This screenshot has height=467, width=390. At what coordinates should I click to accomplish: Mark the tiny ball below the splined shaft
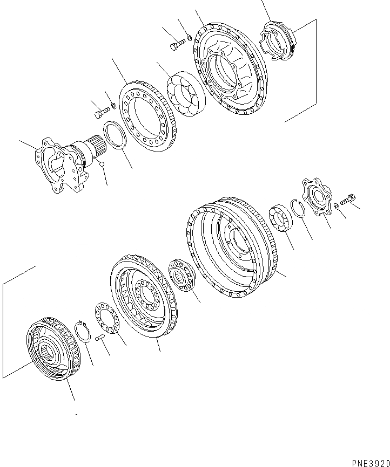tap(102, 164)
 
